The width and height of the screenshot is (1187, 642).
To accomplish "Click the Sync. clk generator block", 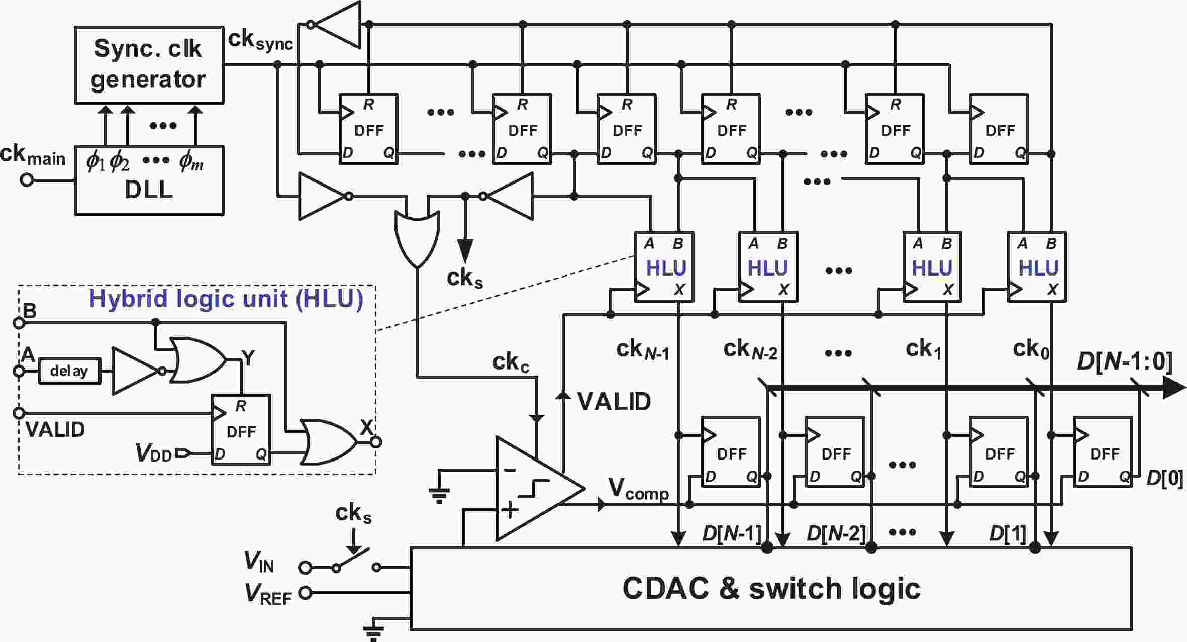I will tap(149, 65).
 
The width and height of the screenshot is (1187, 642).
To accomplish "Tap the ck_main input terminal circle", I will tap(27, 180).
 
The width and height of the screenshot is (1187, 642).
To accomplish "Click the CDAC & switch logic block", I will tap(771, 588).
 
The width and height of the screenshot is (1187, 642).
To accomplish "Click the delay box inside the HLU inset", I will tap(69, 371).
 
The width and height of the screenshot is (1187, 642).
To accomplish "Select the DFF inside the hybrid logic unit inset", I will tap(241, 429).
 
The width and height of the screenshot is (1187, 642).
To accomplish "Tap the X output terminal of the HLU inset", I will tap(376, 442).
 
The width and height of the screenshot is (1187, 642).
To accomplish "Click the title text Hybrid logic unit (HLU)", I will tap(226, 299).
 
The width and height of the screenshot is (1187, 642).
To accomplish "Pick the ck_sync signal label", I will tap(260, 40).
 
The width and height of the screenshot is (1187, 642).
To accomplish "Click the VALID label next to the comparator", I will tap(614, 401).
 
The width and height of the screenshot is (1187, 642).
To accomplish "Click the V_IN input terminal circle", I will tap(304, 568).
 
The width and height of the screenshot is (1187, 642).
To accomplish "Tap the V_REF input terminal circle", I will tap(304, 593).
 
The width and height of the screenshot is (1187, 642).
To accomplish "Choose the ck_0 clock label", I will tap(1031, 349).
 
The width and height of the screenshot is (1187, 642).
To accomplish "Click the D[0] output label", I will tap(1165, 478).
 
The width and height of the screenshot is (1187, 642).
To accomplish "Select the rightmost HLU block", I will tap(1037, 266).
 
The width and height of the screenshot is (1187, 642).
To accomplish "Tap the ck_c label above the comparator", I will tap(511, 362).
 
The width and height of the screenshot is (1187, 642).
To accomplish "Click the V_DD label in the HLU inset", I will tap(154, 453).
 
